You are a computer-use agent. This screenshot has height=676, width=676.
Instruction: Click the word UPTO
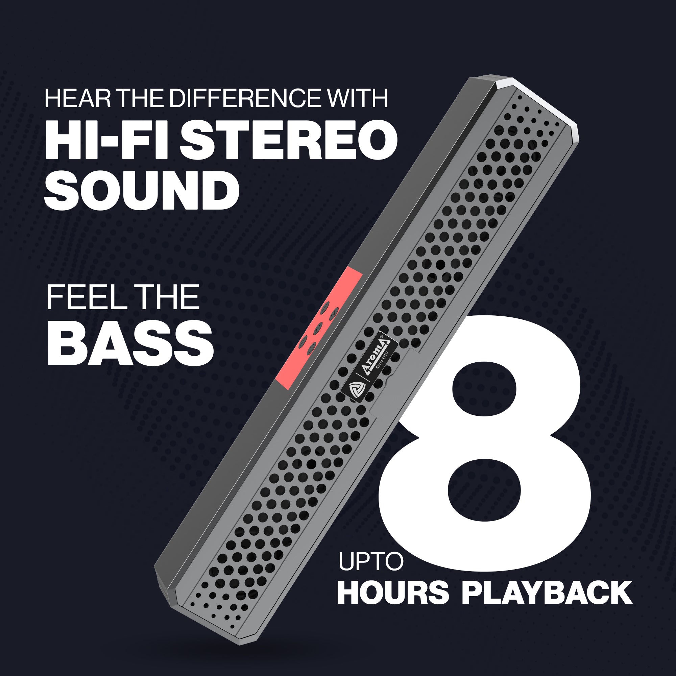[x=371, y=561]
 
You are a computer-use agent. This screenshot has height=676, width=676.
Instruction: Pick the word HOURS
[x=392, y=593]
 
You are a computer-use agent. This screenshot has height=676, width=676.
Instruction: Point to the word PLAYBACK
[x=547, y=593]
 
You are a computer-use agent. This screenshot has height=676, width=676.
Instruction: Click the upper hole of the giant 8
[x=485, y=390]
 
